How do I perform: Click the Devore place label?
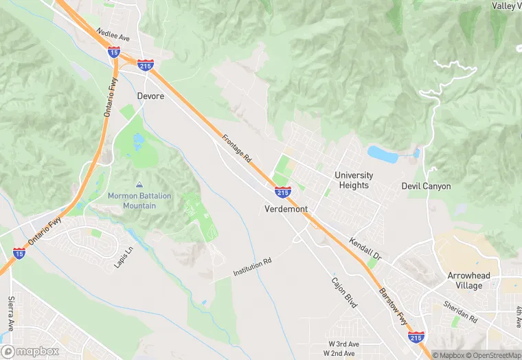(x=150, y=96)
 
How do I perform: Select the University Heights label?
(x=354, y=180)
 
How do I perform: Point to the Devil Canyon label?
(x=426, y=186)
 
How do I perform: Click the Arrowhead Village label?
(x=469, y=280)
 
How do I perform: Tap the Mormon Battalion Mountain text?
(x=140, y=201)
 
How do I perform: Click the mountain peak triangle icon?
(x=140, y=185)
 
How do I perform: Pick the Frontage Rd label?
(x=237, y=148)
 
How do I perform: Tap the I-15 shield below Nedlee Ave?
(x=114, y=52)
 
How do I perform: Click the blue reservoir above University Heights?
(x=383, y=154)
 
